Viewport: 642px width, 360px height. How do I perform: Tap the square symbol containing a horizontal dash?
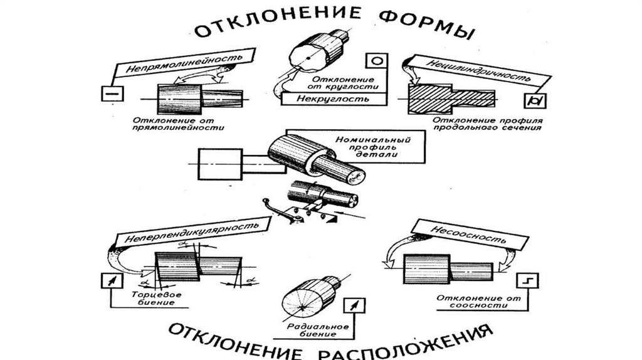click(109, 93)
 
